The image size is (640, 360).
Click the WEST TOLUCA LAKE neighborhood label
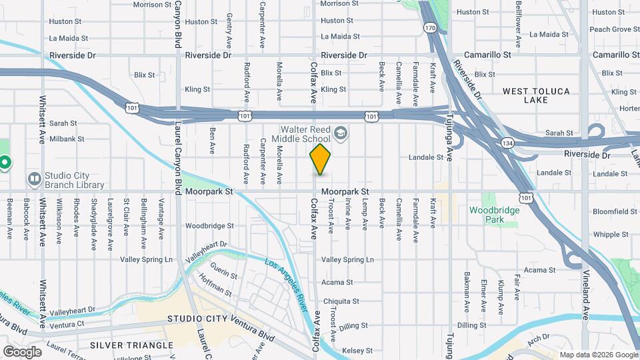(x=534, y=95)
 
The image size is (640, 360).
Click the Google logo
(x=21, y=351)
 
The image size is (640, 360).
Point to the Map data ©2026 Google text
(x=599, y=355)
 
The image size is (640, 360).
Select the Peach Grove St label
(x=610, y=29)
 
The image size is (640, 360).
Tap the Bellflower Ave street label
(x=518, y=20)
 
